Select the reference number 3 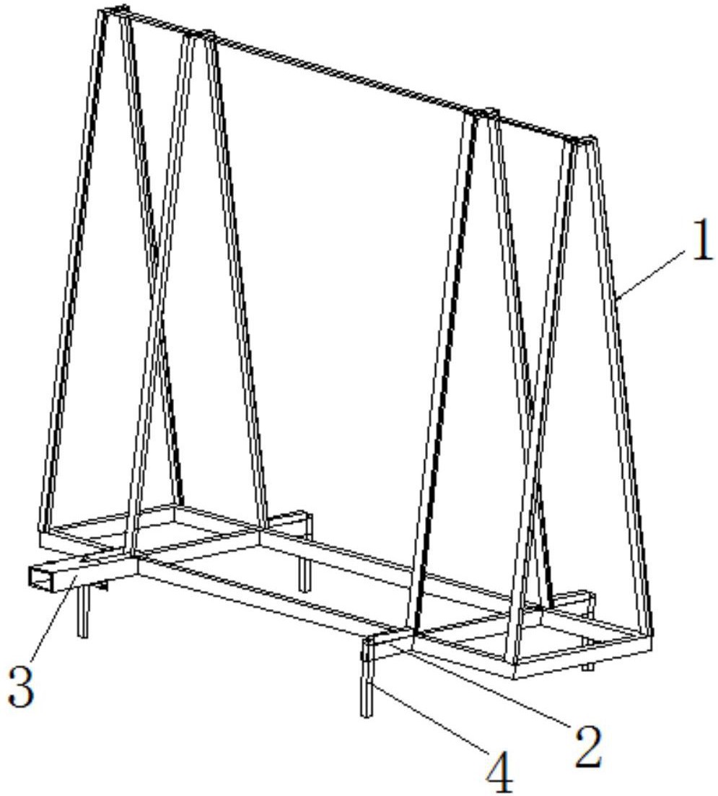[x=22, y=687]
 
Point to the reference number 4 [x=500, y=774]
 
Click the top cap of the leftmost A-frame [x=115, y=10]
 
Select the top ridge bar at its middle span [x=346, y=74]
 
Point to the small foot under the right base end [x=587, y=666]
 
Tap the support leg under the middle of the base [x=304, y=574]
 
